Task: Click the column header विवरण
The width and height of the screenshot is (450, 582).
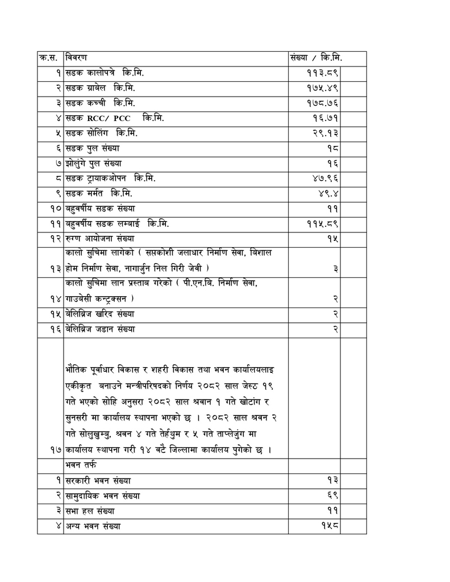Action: point(76,58)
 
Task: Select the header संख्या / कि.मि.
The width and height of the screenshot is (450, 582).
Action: point(315,58)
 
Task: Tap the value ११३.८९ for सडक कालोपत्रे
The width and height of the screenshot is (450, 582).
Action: point(322,73)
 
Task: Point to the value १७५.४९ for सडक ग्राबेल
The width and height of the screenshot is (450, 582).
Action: point(322,89)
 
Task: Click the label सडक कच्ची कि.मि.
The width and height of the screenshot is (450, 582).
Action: point(100,103)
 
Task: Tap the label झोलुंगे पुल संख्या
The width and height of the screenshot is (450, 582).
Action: point(93,164)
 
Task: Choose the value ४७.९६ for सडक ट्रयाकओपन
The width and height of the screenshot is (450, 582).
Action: point(324,178)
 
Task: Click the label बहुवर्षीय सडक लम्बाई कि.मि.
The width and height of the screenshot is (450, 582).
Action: point(117,224)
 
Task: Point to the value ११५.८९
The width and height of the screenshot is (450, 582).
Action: point(322,224)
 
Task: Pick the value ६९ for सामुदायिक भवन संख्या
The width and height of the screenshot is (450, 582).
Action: point(332,495)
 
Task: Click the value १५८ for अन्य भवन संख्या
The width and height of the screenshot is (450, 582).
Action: point(330,526)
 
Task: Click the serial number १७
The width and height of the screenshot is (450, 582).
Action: point(55,450)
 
